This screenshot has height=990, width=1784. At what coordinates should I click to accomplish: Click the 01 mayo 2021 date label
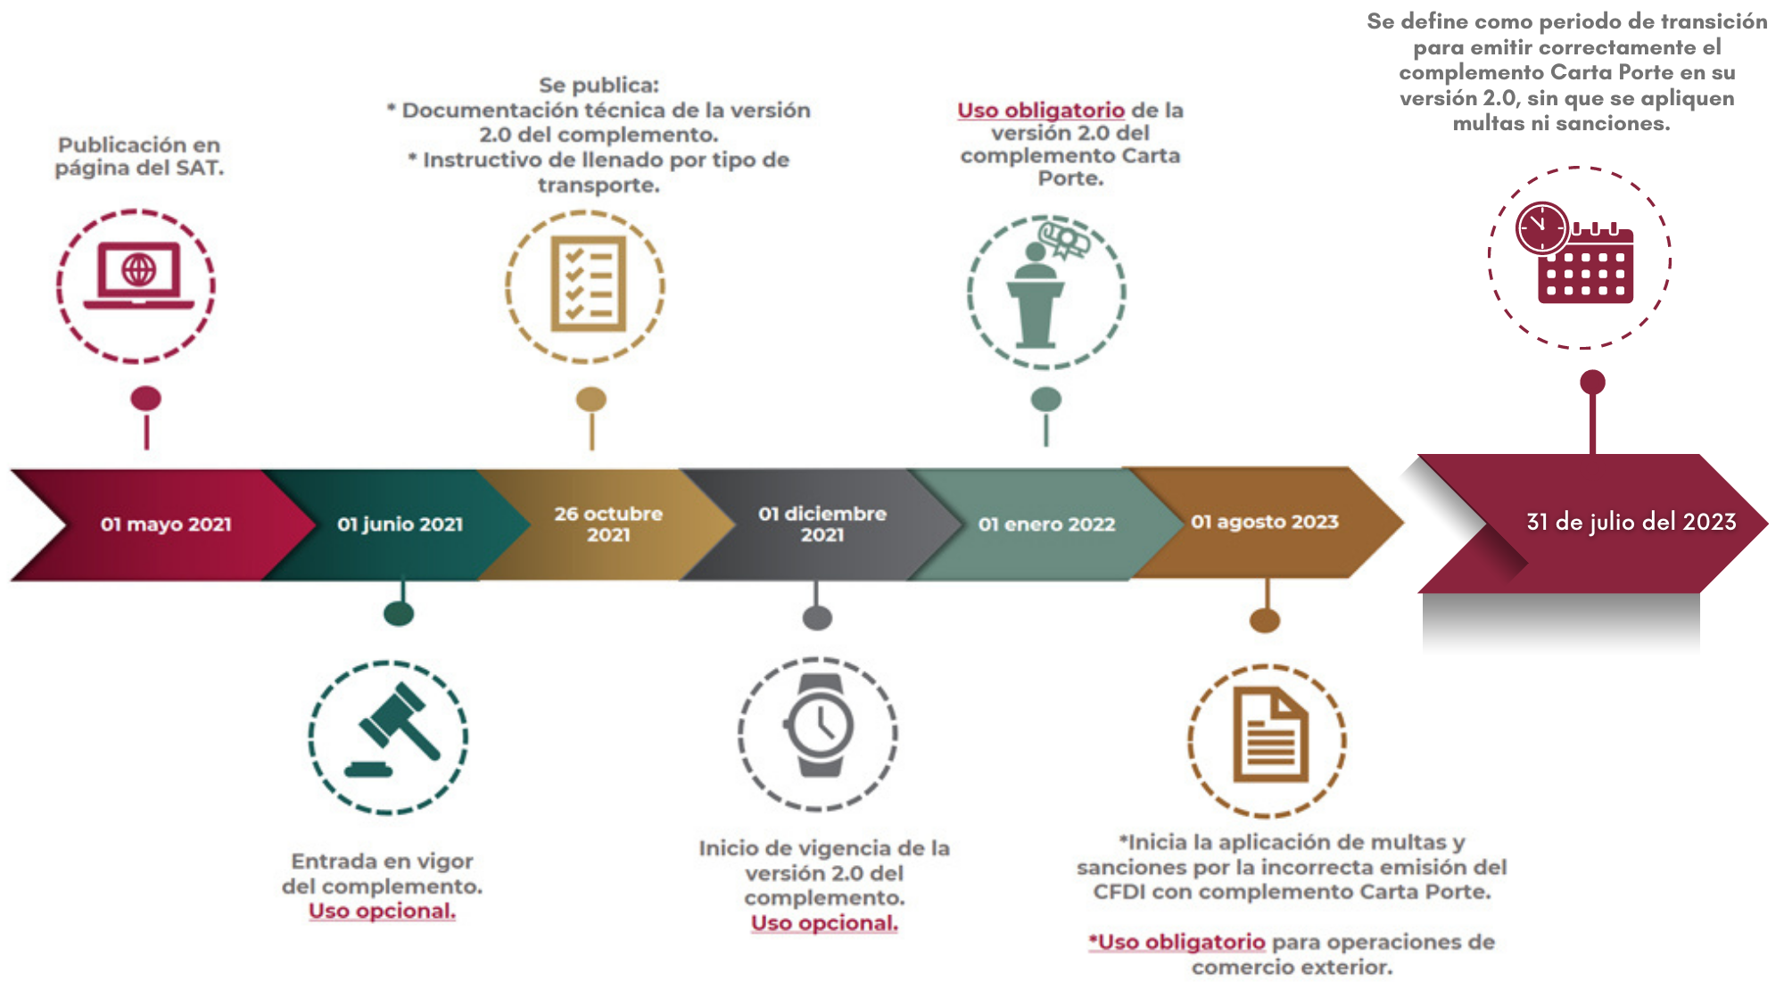pos(166,524)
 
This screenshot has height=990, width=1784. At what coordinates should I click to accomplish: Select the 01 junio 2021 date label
pos(400,524)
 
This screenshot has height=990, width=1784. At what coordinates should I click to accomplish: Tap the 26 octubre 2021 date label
pos(608,524)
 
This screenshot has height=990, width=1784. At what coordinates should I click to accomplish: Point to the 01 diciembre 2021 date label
pos(822,524)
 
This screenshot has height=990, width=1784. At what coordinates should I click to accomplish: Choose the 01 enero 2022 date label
pos(1046,524)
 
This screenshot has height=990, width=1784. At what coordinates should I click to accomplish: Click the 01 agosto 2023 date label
pos(1265,522)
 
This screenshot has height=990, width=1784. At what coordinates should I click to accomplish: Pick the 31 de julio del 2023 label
pos(1631,522)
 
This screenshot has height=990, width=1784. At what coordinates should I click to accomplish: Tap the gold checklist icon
pos(588,284)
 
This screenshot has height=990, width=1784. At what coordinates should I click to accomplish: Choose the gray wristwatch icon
pos(819,726)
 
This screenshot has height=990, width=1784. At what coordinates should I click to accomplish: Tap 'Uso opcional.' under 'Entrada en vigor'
pos(382,912)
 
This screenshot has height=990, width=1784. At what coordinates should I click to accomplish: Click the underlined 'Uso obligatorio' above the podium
pos(1040,111)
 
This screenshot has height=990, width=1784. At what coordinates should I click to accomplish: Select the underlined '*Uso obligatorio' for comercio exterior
pos(1177,943)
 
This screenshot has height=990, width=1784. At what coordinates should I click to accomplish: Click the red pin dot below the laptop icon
pos(146,399)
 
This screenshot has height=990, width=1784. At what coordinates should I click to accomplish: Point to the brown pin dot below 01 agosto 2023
pos(1265,620)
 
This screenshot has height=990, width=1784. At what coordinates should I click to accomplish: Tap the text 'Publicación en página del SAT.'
pos(139,156)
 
